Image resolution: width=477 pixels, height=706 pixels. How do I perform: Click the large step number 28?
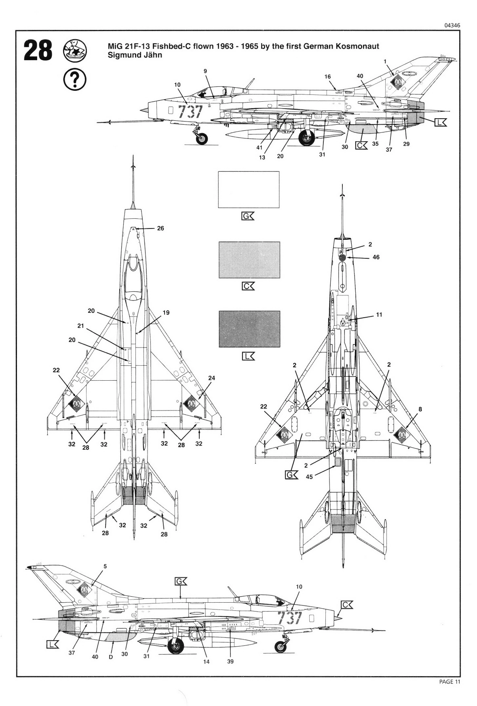point(38,51)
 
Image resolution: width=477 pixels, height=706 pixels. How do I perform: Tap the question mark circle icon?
point(75,80)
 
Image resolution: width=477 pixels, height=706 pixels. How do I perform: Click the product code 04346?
point(452,25)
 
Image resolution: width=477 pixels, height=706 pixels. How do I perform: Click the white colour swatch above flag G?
point(249,189)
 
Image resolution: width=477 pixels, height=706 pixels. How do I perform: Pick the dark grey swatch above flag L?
point(249,329)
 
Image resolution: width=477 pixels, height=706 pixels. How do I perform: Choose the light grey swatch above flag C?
point(249,260)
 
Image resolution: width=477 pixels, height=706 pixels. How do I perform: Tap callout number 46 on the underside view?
point(376,257)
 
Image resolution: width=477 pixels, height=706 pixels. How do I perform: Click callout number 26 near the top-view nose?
point(160,228)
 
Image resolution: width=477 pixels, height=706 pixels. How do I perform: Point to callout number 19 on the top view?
point(166,312)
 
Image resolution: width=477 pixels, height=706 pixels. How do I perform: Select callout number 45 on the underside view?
point(309,477)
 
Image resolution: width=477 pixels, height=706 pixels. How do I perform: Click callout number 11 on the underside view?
point(379,314)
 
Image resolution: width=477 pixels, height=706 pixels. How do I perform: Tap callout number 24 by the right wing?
point(211,378)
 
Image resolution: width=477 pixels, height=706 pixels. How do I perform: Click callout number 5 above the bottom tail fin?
point(105,566)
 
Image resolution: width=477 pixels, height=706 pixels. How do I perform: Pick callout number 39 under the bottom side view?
point(230,662)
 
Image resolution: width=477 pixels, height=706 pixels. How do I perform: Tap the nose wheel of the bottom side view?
point(280,647)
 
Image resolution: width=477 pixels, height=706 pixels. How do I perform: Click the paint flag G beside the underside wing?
point(291,475)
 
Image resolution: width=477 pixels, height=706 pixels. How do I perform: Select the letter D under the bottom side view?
point(110,657)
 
